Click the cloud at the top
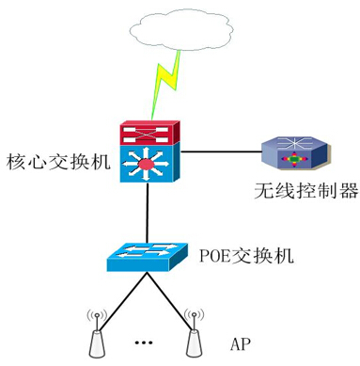tap(174, 28)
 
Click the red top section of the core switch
tap(146, 132)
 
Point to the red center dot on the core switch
tap(146, 167)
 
